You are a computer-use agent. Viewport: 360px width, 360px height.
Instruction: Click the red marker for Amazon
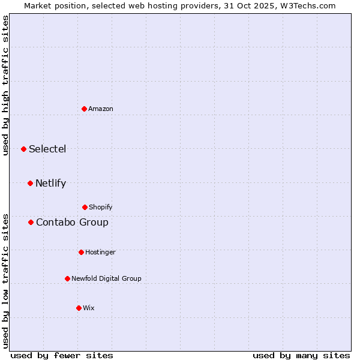84,109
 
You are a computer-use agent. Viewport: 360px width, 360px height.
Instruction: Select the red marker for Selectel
23,149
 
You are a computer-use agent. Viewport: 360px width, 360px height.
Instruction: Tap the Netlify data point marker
30,183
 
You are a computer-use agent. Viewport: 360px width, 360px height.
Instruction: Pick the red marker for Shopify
85,207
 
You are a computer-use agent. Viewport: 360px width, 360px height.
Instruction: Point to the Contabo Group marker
31,222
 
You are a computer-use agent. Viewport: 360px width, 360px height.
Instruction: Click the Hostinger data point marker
81,252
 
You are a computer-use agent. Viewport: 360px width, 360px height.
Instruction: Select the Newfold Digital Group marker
67,278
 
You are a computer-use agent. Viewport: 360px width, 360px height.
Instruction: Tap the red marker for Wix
79,308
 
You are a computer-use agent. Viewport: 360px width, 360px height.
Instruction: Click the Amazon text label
101,109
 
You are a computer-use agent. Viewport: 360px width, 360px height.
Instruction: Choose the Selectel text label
47,149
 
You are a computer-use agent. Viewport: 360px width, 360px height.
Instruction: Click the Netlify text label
50,183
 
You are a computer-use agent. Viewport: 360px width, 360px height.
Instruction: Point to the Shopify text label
101,207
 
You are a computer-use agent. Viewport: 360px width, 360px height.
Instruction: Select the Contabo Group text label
72,222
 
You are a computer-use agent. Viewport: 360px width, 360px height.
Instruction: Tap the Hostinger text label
100,252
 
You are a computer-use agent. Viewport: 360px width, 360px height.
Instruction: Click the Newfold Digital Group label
106,278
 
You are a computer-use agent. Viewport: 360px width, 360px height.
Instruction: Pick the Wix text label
89,308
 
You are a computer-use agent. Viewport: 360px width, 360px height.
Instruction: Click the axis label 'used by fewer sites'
62,355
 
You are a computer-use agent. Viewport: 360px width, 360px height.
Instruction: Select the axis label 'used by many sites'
301,355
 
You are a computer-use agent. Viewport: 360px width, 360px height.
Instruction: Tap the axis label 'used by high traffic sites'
5,85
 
